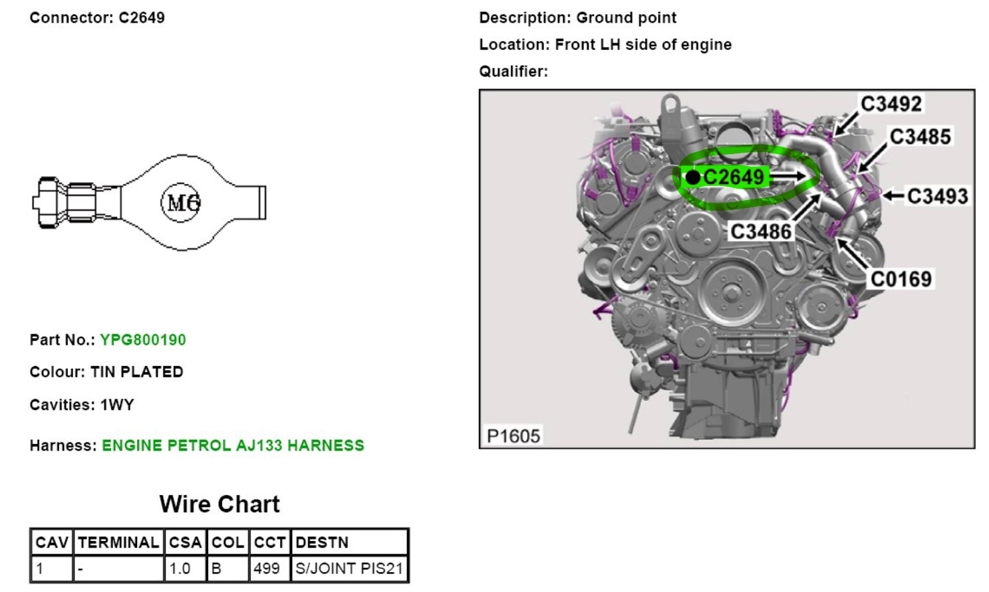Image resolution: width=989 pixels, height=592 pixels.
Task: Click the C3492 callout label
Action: [891, 104]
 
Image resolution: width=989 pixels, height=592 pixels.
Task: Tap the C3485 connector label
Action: [920, 137]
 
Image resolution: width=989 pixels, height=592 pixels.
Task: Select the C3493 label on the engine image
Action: [937, 196]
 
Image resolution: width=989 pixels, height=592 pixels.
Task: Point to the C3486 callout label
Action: [761, 232]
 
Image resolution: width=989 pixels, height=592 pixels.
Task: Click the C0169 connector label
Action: [901, 279]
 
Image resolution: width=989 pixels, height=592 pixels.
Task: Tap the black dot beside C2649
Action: [693, 177]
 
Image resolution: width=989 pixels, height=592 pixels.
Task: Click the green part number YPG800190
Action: [143, 340]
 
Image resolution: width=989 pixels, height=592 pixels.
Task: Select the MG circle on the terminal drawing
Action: [181, 203]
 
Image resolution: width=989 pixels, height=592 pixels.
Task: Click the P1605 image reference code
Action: [513, 436]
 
